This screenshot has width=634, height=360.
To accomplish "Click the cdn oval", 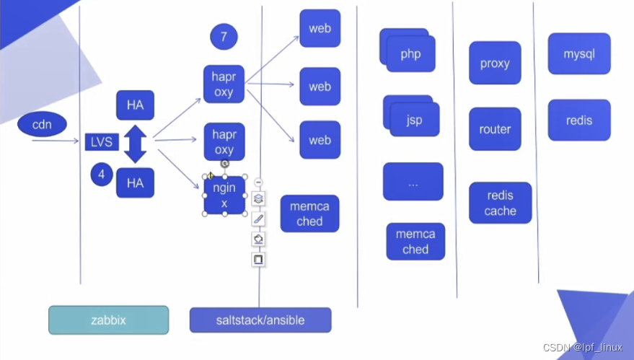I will point(42,124).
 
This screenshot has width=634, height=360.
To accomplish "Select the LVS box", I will point(102,142).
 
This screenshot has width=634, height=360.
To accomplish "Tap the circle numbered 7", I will point(224,38).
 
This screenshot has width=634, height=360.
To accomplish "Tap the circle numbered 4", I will point(102,174).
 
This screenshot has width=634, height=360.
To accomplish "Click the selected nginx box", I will point(224,196).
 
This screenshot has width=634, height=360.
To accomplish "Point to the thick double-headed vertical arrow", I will point(136,144).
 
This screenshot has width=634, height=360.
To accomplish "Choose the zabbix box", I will point(109,320).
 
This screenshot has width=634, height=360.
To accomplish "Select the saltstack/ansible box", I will point(260,320).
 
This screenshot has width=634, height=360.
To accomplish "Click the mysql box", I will point(579,54).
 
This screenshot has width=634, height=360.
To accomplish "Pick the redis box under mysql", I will point(579,120).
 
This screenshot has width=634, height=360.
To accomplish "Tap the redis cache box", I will point(501,203).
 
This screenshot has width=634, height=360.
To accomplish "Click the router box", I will point(495,129).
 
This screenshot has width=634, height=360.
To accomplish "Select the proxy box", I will point(495,63).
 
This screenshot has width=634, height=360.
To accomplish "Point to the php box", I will point(410,53).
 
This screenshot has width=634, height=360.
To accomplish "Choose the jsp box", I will point(413,118).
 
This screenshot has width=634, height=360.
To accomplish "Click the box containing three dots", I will point(413,183).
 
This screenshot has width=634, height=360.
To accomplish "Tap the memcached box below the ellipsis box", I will point(415,242).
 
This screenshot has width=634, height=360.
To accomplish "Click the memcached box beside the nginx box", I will point(309,214).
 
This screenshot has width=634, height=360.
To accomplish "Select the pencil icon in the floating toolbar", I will point(258,219).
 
